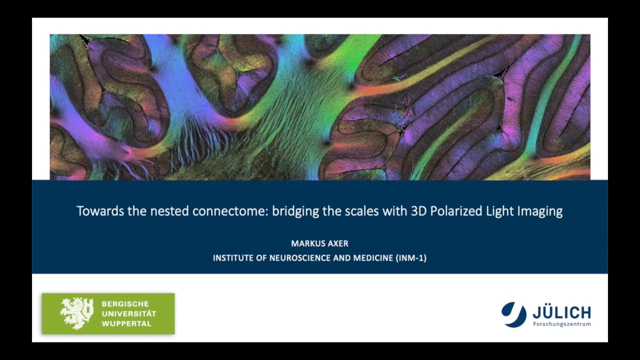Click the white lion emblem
[x=76, y=313]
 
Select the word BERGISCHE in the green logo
[x=124, y=303]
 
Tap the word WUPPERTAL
[x=126, y=323]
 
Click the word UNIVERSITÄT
[x=129, y=313]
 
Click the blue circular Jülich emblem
[x=514, y=314]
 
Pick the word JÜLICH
[x=561, y=312]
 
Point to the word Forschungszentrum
[x=561, y=324]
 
